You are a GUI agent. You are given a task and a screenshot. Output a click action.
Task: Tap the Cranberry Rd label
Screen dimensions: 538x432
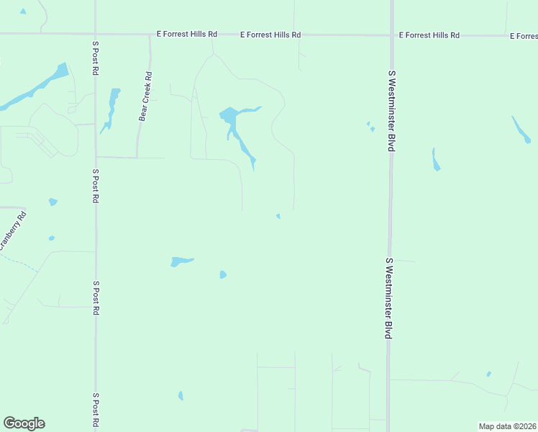12,230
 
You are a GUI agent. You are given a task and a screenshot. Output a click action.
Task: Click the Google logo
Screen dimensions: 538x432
24,423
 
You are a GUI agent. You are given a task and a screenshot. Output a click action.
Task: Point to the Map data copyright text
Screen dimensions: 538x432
507,426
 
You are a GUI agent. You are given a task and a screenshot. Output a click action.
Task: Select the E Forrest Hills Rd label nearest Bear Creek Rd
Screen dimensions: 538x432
187,34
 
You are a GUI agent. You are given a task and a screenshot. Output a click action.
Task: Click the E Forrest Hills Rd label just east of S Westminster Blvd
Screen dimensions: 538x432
429,35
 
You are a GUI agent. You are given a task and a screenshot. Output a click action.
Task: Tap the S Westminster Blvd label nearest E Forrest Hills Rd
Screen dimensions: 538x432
392,110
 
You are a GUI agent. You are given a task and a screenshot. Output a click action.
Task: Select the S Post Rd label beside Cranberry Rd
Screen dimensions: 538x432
95,186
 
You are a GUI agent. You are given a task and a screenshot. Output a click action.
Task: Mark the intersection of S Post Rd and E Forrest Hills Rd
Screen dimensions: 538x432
95,34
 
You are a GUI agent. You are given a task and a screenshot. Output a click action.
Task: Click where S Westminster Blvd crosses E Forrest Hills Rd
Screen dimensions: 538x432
392,35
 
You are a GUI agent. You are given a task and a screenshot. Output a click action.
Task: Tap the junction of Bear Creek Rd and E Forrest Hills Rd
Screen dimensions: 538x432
150,34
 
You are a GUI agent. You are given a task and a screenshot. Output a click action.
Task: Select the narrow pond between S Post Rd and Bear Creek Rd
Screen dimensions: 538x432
111,108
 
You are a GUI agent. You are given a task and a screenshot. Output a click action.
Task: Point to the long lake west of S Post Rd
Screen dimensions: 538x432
36,88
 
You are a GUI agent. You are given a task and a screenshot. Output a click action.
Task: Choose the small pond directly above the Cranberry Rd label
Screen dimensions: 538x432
53,202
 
